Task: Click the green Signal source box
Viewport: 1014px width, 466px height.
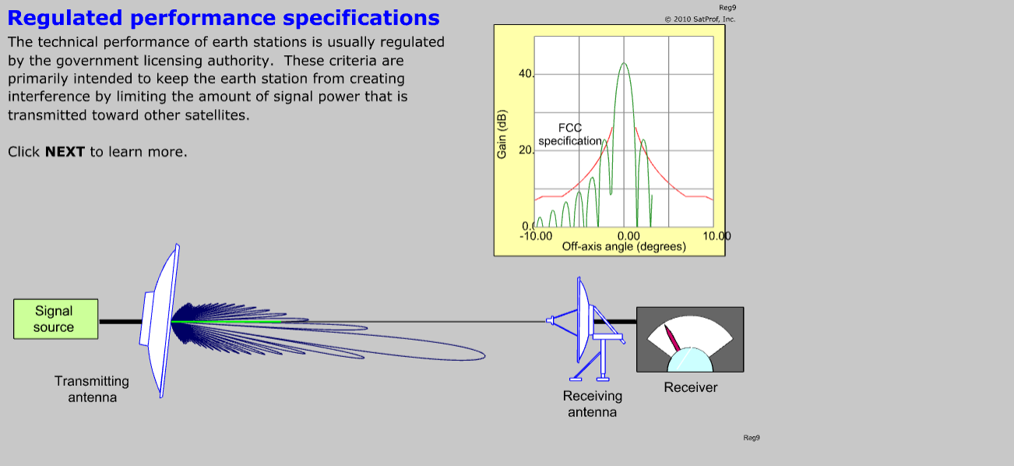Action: [x=55, y=319]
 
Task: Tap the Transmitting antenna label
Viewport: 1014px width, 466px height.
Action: [x=92, y=389]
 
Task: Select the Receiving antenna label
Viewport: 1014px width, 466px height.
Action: [x=593, y=404]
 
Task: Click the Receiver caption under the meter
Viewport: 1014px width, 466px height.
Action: [x=690, y=387]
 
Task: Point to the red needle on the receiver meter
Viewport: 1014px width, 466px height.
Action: [x=672, y=338]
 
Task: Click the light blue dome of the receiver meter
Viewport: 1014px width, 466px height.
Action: [x=690, y=361]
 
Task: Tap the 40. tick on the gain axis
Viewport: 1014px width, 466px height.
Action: [x=526, y=73]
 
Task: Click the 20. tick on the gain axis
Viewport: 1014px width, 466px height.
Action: [x=526, y=150]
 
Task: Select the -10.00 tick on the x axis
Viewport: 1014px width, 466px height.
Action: [x=536, y=236]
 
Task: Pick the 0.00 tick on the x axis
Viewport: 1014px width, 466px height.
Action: [x=628, y=236]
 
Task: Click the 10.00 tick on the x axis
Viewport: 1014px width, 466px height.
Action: [x=716, y=236]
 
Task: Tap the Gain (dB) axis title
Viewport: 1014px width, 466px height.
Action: [x=502, y=134]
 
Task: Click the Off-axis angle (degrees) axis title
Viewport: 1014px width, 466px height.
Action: [x=624, y=247]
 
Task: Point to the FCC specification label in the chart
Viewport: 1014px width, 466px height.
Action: [x=570, y=135]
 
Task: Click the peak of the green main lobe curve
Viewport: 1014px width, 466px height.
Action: [x=624, y=63]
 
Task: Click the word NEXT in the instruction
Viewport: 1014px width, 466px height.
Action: [x=65, y=152]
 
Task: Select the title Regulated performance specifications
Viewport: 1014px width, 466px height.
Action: [x=224, y=18]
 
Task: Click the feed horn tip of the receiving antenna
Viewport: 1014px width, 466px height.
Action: [x=548, y=320]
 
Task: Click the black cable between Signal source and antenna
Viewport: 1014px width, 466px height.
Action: [x=121, y=322]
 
